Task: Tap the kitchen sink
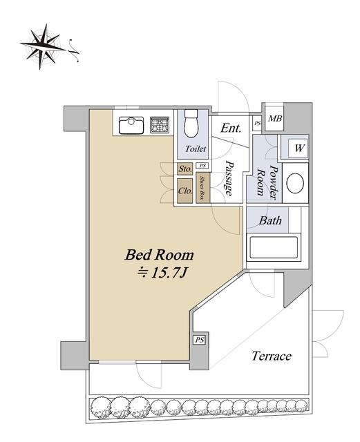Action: (131, 126)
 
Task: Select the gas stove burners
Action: (160, 125)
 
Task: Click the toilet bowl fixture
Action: (191, 123)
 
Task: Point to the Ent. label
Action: (231, 128)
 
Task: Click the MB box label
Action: (274, 119)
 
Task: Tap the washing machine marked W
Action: (299, 148)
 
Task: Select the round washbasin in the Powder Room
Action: (295, 183)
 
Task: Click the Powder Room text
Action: (267, 182)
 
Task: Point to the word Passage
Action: (229, 178)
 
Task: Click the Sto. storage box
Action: (184, 169)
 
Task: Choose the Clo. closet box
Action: (185, 191)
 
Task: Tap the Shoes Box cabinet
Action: (203, 187)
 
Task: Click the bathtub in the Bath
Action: (274, 247)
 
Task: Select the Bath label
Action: (270, 220)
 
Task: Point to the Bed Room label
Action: (160, 255)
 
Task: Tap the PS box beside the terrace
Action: (200, 340)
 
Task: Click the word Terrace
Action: (272, 356)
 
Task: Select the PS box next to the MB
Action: (257, 123)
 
